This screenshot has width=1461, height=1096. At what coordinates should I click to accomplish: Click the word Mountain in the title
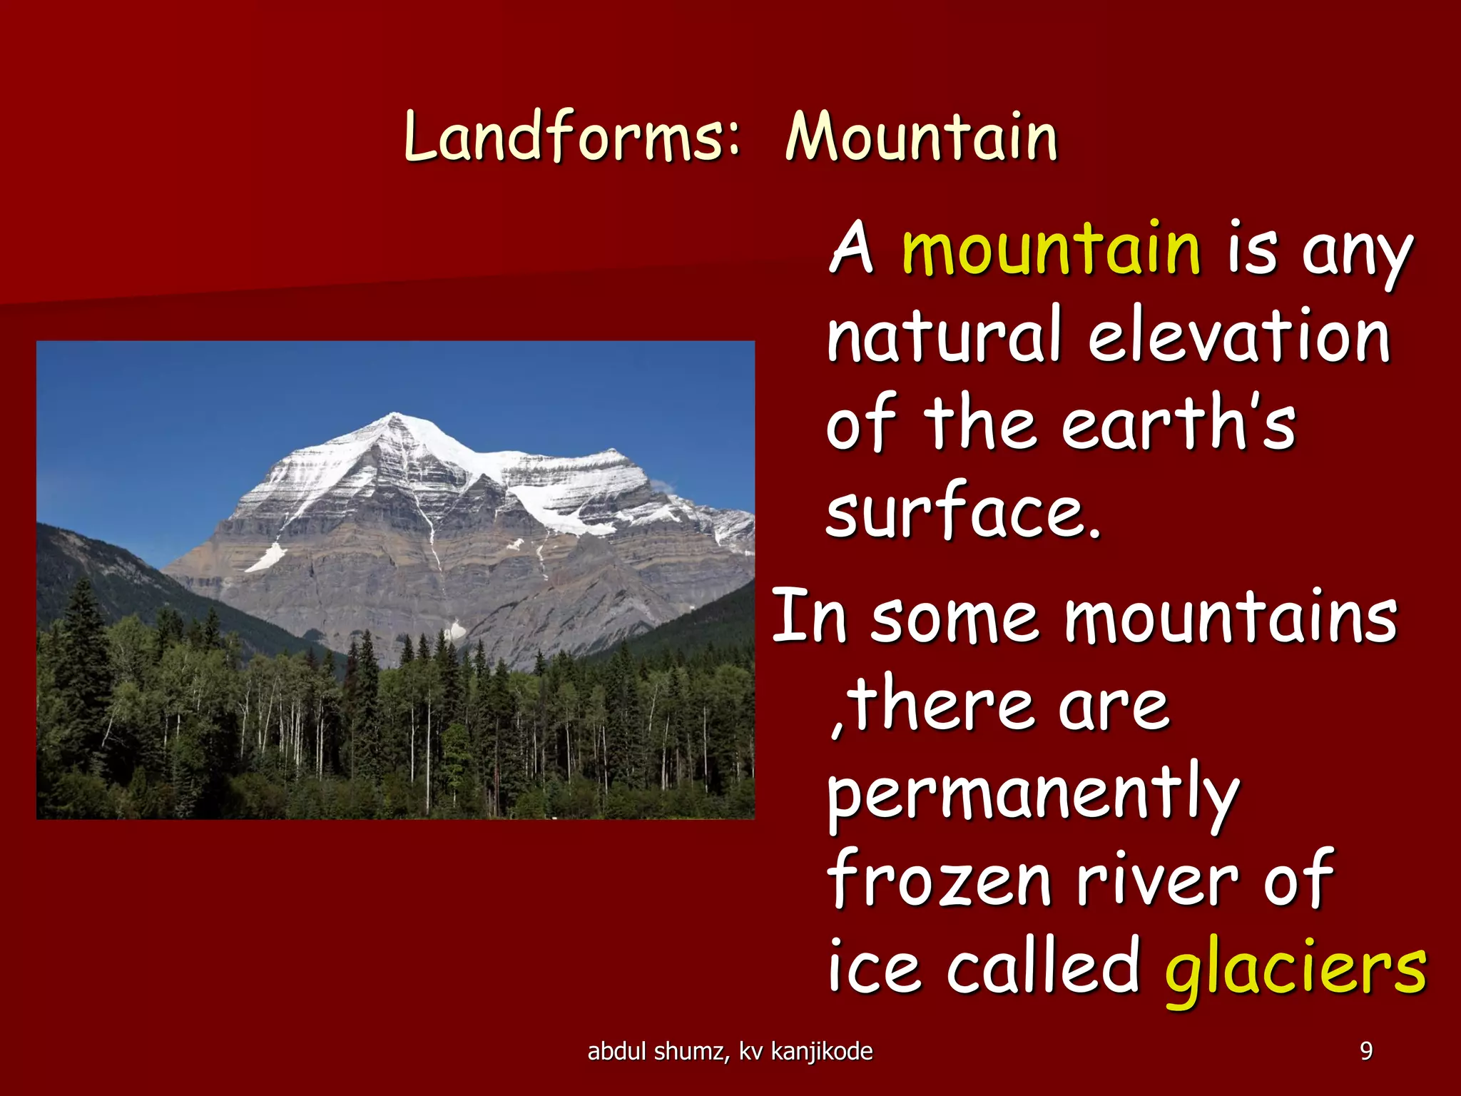pyautogui.click(x=921, y=137)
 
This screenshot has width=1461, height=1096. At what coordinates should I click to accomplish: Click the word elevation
pyautogui.click(x=1239, y=336)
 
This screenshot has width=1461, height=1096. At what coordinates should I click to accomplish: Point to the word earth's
pyautogui.click(x=1178, y=424)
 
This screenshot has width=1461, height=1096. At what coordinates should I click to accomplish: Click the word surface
pyautogui.click(x=963, y=512)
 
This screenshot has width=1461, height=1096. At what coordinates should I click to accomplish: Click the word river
pyautogui.click(x=1158, y=881)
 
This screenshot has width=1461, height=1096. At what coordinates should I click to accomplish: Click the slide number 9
pyautogui.click(x=1366, y=1051)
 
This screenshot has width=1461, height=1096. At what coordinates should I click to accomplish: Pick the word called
pyautogui.click(x=1043, y=967)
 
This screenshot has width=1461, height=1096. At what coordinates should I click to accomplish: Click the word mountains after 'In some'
pyautogui.click(x=1231, y=618)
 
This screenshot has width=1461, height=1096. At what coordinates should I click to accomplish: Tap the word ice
pyautogui.click(x=874, y=968)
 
